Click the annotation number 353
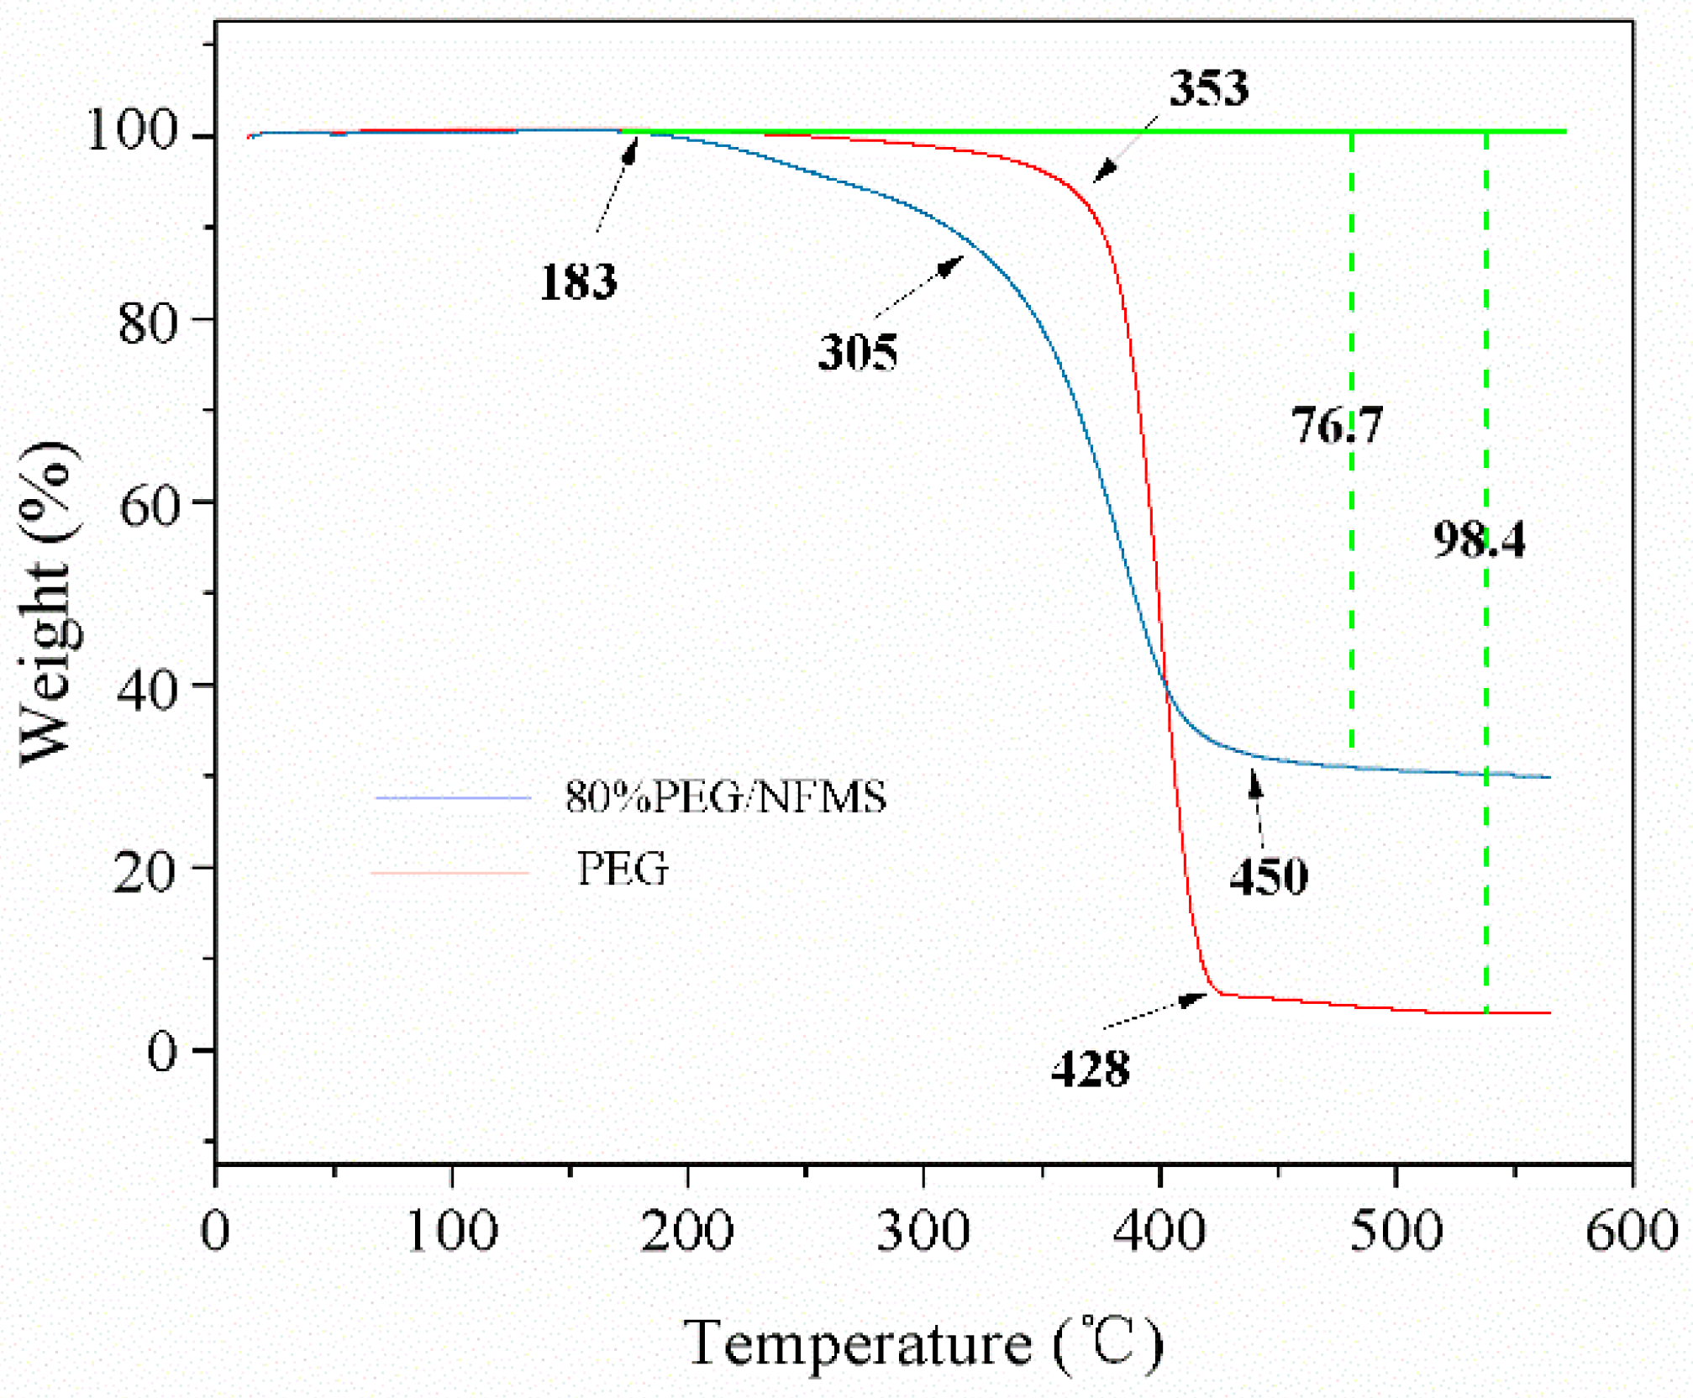pos(1208,87)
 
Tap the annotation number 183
pos(578,281)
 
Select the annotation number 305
pos(858,352)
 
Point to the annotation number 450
pos(1268,877)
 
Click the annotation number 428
pos(1091,1070)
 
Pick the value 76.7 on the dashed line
pos(1336,425)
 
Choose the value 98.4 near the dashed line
pos(1479,539)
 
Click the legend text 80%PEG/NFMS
pos(726,797)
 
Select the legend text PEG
pos(623,870)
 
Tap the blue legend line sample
pos(454,797)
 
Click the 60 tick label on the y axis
pos(150,506)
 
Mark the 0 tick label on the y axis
pos(163,1050)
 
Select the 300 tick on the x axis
pos(923,1232)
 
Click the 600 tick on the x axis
pos(1631,1232)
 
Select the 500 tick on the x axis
pos(1396,1232)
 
